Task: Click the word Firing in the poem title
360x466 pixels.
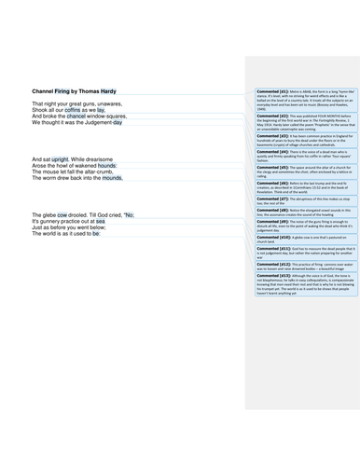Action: (x=63, y=90)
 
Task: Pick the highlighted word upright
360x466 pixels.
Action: (x=67, y=160)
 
